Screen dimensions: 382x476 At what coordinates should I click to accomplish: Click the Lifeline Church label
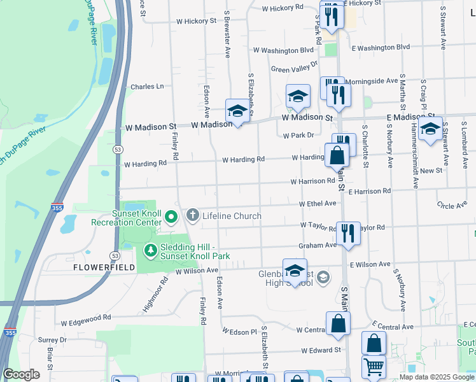click(x=232, y=216)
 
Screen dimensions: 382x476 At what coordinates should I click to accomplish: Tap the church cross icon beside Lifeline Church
click(x=192, y=216)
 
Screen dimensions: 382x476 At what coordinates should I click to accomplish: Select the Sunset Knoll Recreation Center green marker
click(x=171, y=218)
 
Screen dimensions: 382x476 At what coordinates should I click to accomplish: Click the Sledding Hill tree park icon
click(x=150, y=251)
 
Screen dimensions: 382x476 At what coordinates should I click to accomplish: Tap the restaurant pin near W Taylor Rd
click(x=347, y=234)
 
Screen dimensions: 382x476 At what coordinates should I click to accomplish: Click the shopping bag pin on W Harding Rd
click(x=337, y=155)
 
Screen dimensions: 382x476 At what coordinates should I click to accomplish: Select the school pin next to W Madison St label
click(x=237, y=111)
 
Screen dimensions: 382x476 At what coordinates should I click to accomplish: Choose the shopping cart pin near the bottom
click(x=373, y=367)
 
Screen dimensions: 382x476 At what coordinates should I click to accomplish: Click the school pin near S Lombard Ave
click(x=430, y=129)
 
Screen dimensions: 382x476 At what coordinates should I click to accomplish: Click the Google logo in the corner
click(x=22, y=374)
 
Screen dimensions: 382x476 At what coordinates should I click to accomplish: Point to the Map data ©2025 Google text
click(x=437, y=377)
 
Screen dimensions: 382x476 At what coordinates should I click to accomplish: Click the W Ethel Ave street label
click(x=318, y=203)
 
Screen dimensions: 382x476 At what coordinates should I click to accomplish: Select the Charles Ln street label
click(x=147, y=87)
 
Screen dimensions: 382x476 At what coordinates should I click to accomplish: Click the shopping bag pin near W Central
click(x=337, y=324)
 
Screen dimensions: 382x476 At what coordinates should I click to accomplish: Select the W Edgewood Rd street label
click(x=83, y=316)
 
